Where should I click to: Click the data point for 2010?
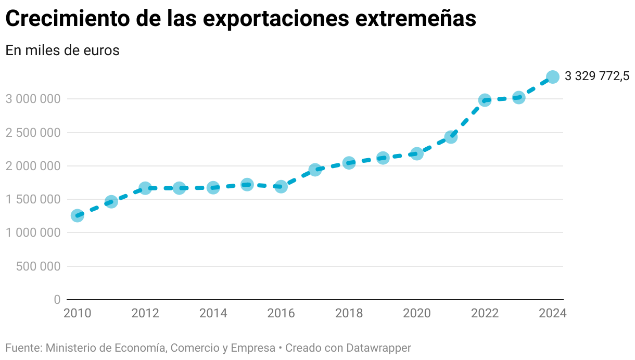[77, 215]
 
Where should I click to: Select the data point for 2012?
[145, 188]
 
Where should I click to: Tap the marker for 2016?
[281, 186]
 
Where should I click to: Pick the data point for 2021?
[451, 137]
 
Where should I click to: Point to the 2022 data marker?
[485, 100]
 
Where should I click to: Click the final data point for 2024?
[553, 77]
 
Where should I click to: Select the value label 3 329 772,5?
[596, 76]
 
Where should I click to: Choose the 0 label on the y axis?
[57, 300]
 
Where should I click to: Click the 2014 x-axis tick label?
[213, 313]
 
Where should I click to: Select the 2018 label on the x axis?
[349, 313]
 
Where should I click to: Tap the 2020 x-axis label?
[416, 313]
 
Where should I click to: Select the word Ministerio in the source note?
[70, 348]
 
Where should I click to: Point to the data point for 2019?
[383, 158]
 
